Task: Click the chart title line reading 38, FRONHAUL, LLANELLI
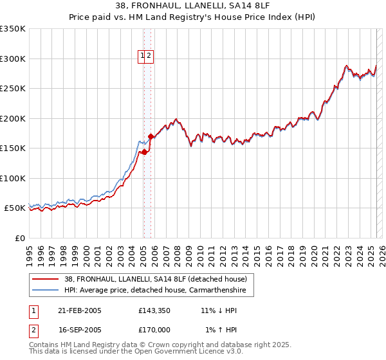192,6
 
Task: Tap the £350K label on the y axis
13,29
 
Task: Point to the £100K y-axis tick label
13,178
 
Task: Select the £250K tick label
13,89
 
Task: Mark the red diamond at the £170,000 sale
151,136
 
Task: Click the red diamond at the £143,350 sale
144,152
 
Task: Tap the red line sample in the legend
46,279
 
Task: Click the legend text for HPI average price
160,291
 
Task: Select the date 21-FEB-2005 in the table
80,310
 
